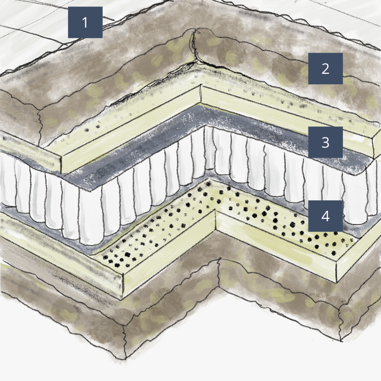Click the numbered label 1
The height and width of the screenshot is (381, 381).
[x=85, y=22]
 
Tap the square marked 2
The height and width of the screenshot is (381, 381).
[x=325, y=68]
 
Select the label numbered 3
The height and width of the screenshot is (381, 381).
[x=325, y=142]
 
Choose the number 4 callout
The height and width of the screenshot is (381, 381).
[x=325, y=216]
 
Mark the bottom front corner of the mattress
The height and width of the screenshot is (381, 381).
[x=125, y=358]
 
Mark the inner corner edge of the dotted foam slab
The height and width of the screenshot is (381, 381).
[x=216, y=222]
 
